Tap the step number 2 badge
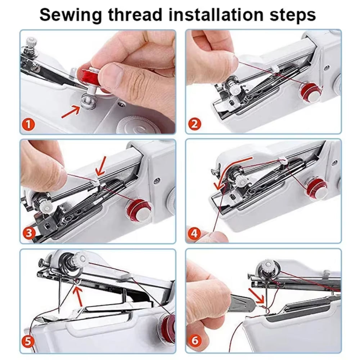click(194, 125)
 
